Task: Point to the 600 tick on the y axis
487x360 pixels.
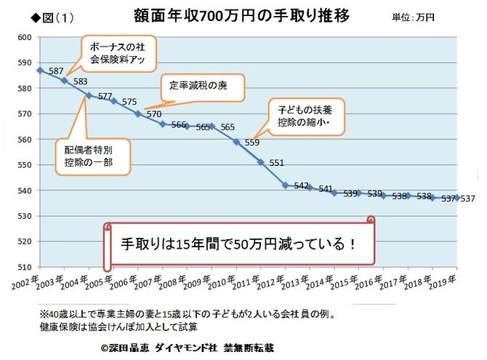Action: tap(25, 37)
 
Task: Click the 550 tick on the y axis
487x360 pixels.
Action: tap(25, 165)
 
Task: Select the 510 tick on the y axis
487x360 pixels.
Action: tap(25, 268)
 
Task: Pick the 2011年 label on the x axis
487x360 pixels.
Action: tap(251, 280)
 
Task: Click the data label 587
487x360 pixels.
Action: tap(57, 71)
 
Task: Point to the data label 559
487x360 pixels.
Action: tap(251, 143)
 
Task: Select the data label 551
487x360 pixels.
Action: tap(276, 163)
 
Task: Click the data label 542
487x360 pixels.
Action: tap(302, 186)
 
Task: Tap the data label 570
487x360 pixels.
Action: tap(153, 114)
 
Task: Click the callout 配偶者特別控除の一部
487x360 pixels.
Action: tap(92, 155)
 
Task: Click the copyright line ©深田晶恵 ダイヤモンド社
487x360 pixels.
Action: tap(188, 347)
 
